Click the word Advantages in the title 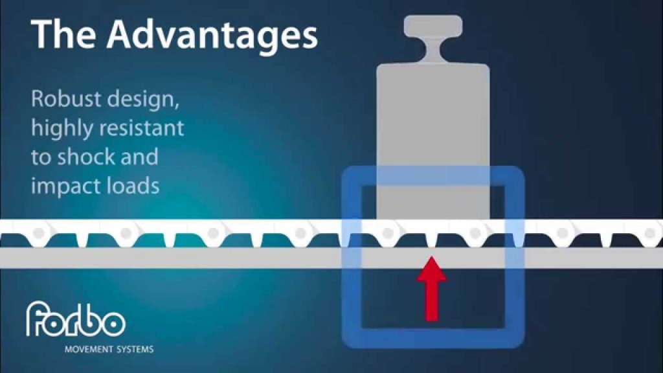coord(212,35)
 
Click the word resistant coord(140,128)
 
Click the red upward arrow coord(431,289)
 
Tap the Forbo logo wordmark coord(76,319)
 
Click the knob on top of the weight coord(433,26)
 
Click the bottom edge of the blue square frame coord(433,338)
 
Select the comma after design coord(177,106)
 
